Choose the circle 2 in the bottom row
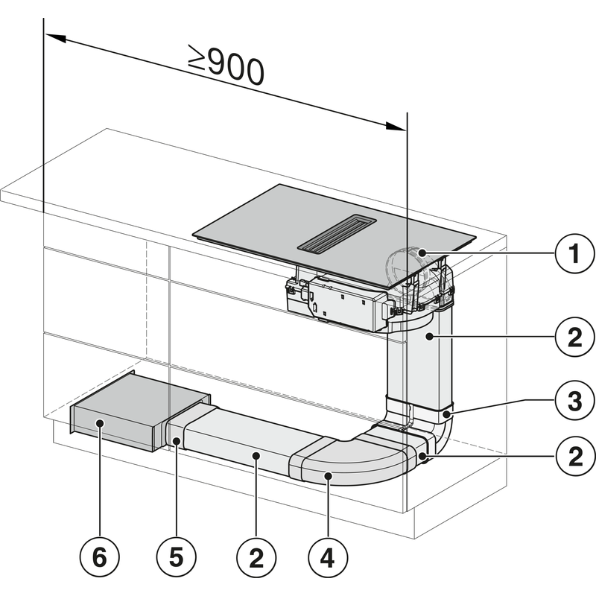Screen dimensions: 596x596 [x=254, y=556]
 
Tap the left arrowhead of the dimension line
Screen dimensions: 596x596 [x=52, y=37]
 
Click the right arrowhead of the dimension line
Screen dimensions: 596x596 [x=399, y=127]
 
